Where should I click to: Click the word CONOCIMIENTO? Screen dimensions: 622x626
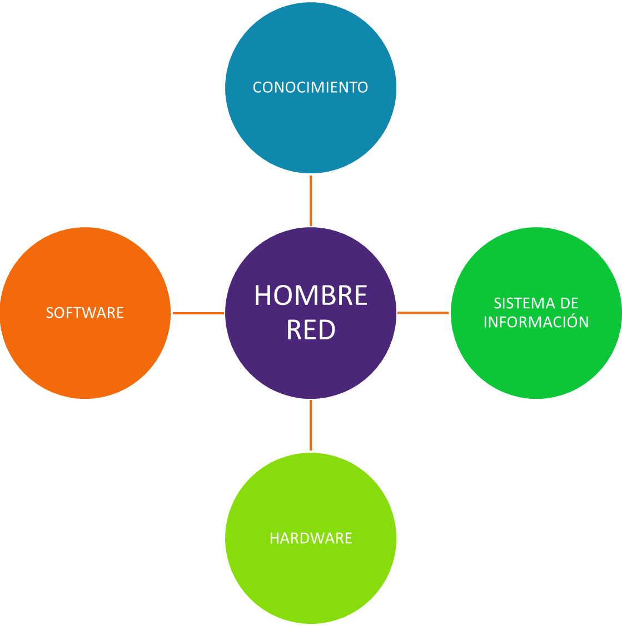(x=310, y=87)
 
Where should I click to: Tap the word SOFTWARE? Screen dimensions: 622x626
(x=84, y=313)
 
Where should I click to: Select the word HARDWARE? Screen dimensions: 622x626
(x=311, y=538)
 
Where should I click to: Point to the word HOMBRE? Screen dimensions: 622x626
(x=311, y=296)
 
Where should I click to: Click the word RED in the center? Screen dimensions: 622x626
(x=311, y=330)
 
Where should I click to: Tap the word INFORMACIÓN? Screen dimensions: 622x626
(x=536, y=322)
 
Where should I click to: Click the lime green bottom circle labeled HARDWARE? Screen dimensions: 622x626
(x=311, y=583)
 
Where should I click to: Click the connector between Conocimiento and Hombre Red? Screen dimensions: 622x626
(x=311, y=200)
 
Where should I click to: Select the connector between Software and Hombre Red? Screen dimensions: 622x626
(x=198, y=313)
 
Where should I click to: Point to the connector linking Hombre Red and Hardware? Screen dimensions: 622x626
(x=311, y=425)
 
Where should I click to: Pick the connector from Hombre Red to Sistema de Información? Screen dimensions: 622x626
(x=424, y=313)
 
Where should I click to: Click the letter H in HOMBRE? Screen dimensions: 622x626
(x=263, y=296)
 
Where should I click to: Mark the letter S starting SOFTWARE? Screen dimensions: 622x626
(x=49, y=313)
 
